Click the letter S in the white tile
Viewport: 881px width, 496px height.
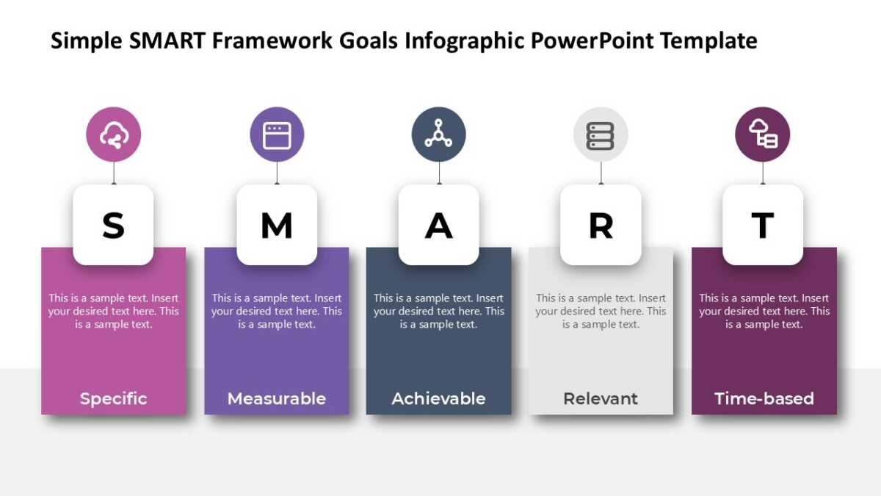coord(113,226)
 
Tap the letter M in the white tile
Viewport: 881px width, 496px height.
coord(277,226)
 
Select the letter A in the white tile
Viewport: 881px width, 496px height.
coord(438,226)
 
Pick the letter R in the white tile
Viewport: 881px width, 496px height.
coord(601,226)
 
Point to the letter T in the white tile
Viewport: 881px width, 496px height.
coord(763,226)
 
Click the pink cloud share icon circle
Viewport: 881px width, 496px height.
coord(114,134)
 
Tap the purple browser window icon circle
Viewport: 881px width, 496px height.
coord(277,134)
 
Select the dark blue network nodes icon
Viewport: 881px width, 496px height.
coord(438,134)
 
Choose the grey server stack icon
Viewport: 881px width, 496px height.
coord(601,134)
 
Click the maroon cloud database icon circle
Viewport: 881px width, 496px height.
coord(763,134)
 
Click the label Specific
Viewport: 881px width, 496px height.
coord(113,398)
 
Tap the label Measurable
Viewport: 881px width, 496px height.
coord(277,398)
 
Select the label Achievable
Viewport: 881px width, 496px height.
coord(438,398)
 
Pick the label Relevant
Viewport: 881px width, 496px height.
coord(601,398)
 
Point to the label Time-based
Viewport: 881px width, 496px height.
coord(764,398)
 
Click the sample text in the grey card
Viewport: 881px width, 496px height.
coord(601,311)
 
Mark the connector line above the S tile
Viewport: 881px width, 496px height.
coord(114,174)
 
